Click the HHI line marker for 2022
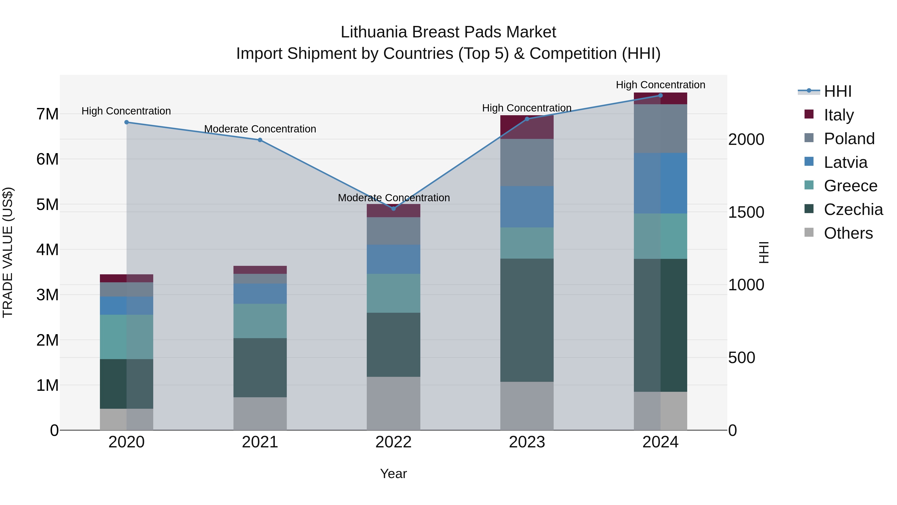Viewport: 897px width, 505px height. [393, 209]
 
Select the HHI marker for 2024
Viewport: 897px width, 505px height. [661, 96]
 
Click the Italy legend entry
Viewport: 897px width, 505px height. [838, 115]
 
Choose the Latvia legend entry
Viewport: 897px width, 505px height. [845, 162]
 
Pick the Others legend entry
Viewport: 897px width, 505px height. [848, 233]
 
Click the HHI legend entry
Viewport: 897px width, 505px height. [837, 91]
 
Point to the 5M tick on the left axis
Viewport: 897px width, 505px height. [47, 204]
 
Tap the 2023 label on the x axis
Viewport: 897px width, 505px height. [527, 442]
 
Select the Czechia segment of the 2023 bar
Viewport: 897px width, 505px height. [527, 320]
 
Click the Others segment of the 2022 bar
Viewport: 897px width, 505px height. [393, 403]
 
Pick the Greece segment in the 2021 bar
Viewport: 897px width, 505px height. [260, 321]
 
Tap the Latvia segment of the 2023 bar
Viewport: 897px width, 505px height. [527, 207]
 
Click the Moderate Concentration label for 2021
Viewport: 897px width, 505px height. [260, 129]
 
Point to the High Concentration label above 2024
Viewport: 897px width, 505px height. [661, 85]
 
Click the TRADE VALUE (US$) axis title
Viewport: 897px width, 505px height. [8, 252]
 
